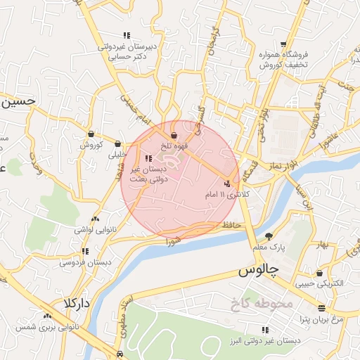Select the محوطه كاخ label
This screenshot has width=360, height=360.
(259, 304)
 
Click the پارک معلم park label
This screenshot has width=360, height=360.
(269, 247)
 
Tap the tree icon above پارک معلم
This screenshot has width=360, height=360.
(269, 236)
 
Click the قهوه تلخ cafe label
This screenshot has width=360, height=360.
(174, 146)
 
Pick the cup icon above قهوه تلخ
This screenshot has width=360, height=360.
(174, 135)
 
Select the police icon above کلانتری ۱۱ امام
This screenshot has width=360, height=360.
(226, 183)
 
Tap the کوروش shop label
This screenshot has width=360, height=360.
(91, 145)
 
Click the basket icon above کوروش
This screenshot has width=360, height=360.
(91, 134)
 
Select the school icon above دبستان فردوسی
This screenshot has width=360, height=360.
(85, 251)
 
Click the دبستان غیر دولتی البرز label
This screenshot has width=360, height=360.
(269, 340)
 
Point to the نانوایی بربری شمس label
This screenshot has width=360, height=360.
(47, 328)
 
